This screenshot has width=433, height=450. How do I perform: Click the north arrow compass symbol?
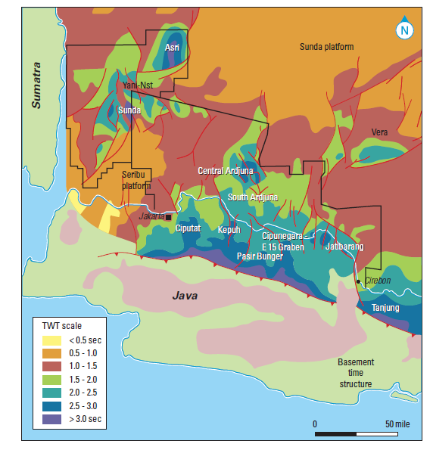(404, 30)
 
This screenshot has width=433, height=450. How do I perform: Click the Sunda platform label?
(326, 47)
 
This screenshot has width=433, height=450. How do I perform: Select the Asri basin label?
(172, 48)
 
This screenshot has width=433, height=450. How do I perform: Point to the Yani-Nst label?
(138, 85)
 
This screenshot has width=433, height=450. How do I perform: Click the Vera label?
(379, 132)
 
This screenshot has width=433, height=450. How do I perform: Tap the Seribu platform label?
(137, 180)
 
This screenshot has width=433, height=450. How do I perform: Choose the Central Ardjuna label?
(226, 171)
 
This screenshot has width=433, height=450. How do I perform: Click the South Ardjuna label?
(253, 197)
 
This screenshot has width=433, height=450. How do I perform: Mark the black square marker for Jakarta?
(168, 216)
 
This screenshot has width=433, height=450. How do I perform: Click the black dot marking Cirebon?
(359, 281)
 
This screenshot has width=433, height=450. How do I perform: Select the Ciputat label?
(188, 228)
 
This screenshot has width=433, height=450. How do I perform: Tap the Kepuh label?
(229, 229)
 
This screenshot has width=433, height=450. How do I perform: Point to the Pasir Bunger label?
(260, 257)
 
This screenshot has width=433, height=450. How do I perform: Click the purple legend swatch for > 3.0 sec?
(56, 418)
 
